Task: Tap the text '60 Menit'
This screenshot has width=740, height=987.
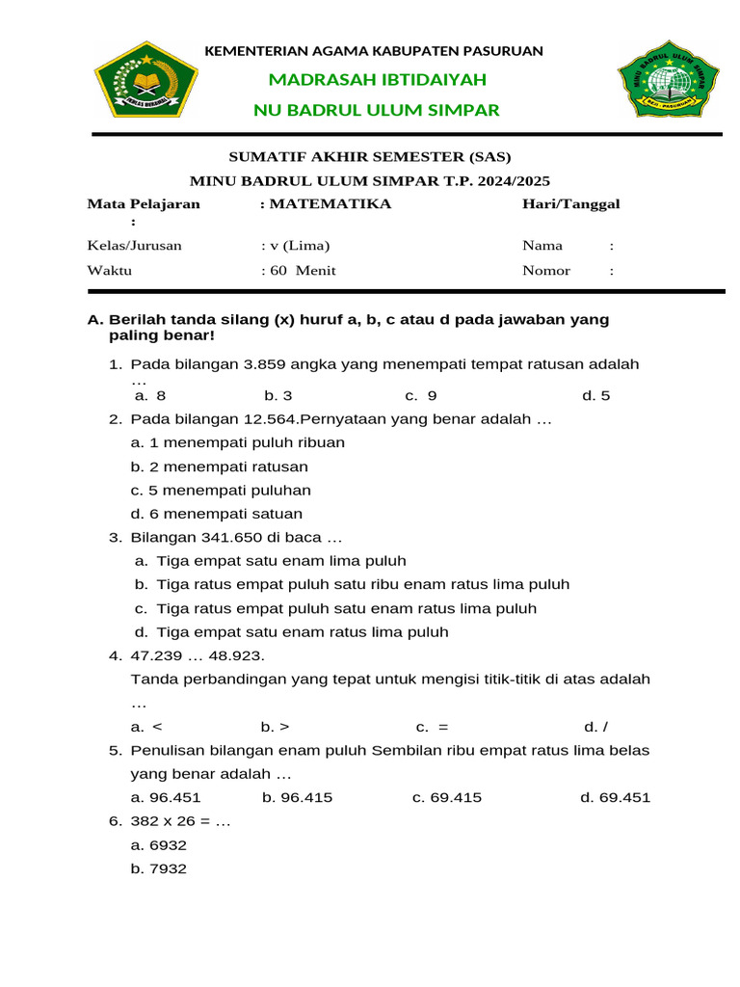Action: point(303,271)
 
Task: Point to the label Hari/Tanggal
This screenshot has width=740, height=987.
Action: point(570,204)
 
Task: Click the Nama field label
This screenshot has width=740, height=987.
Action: point(542,246)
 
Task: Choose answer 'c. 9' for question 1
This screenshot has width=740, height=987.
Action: point(421,396)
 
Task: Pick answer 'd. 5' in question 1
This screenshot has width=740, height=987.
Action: point(595,396)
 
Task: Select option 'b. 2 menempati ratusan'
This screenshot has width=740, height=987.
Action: point(220,467)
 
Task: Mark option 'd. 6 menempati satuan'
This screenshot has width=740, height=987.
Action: point(217,514)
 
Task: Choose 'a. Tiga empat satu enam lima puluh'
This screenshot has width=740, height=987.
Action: point(271,561)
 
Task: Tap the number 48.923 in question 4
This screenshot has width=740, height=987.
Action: point(232,655)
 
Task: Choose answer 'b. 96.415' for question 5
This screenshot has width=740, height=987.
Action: point(297,797)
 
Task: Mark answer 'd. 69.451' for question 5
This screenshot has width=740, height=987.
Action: point(615,797)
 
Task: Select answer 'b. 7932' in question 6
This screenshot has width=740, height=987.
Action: point(158,868)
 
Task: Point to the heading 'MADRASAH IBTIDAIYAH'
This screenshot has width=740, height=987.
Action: point(377,79)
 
